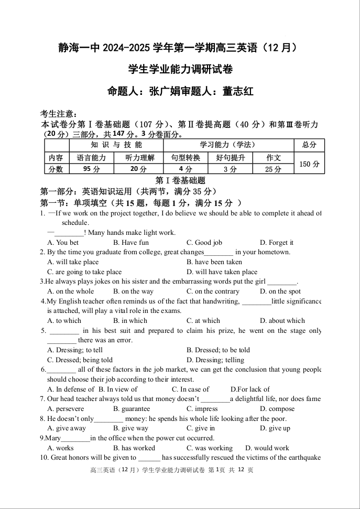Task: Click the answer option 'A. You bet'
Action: pos(63,243)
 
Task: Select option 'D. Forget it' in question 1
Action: pos(276,243)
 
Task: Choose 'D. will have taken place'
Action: pos(222,272)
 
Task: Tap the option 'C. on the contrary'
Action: pos(213,291)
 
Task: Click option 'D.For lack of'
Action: pos(250,389)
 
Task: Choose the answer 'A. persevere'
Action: pos(66,409)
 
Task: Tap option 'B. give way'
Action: pos(130,428)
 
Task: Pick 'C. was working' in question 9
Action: pos(209,448)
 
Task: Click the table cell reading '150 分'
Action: pos(309,164)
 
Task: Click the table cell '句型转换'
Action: pos(186,158)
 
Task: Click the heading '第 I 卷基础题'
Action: pos(180,180)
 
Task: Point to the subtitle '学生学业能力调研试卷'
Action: pos(180,69)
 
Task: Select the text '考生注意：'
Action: pos(59,114)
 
